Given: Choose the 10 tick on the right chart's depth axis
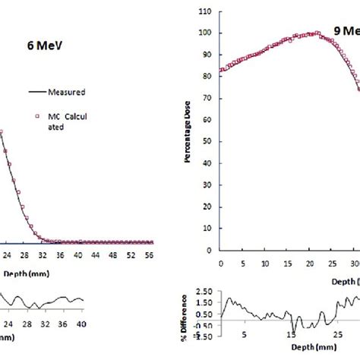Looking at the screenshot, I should pos(266,264).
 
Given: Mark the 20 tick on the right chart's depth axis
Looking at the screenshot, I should pos(311,264).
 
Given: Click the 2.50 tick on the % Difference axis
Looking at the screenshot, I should pos(204,291).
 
